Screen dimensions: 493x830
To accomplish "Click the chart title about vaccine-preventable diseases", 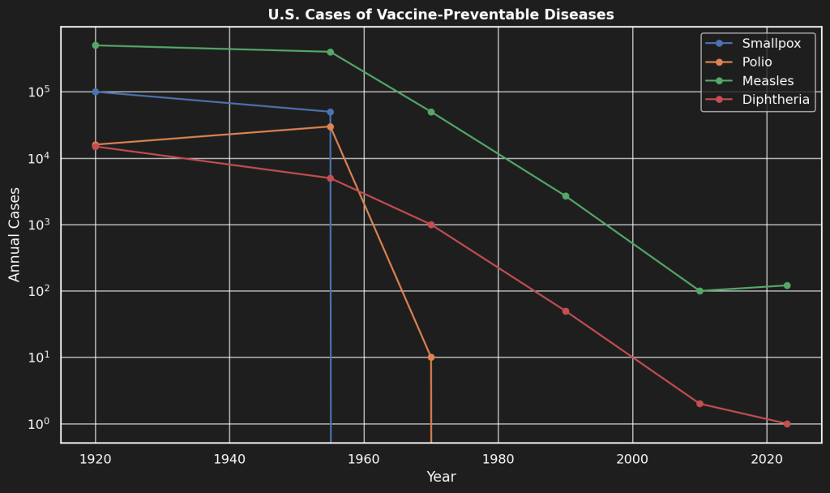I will [x=441, y=15].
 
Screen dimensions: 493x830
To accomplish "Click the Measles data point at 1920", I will [x=96, y=45].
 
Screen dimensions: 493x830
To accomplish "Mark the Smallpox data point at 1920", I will [x=96, y=92].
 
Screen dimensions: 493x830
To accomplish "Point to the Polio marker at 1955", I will [x=330, y=126].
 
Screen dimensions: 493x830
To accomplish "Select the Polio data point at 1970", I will [x=431, y=358].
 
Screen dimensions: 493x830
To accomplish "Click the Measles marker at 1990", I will [x=566, y=196].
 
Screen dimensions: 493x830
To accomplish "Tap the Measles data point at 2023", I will [x=787, y=285].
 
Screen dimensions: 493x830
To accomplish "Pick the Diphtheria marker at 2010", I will [x=700, y=404].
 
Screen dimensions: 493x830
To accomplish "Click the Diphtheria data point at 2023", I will [x=787, y=424].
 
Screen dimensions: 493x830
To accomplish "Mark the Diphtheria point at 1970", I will [x=431, y=225].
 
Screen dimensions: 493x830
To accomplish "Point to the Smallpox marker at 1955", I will [x=330, y=112].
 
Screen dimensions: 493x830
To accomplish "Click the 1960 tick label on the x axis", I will [x=364, y=458].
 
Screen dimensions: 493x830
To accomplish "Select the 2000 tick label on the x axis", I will [x=632, y=458].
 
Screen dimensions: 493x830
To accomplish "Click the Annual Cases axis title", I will [x=15, y=235].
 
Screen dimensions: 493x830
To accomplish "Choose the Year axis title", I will [x=441, y=478].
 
